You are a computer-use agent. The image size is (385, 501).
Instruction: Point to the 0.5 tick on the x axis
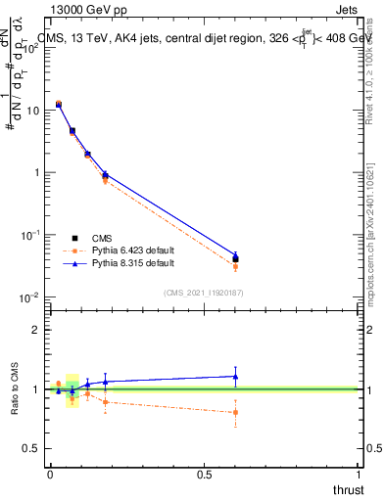coord(204,475)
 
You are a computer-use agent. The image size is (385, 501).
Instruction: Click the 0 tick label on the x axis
coord(50,475)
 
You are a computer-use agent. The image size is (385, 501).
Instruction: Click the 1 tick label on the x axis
coord(360,475)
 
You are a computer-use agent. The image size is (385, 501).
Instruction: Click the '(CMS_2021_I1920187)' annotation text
coord(204,293)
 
